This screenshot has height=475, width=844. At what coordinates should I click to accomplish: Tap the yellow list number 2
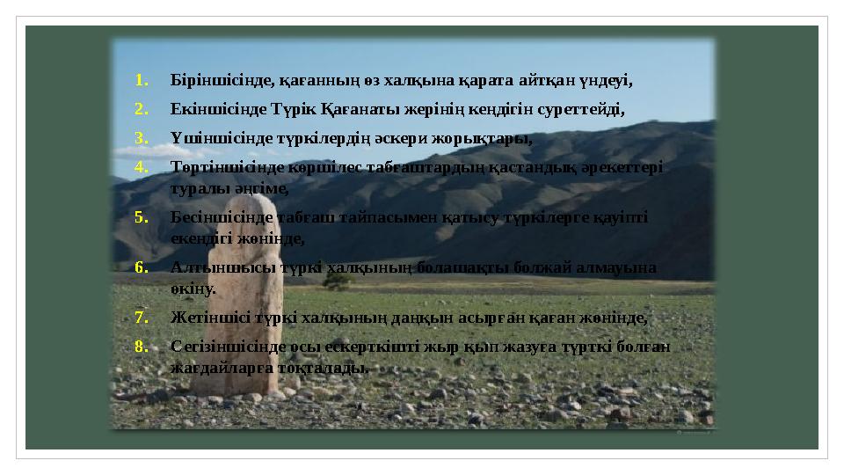[141, 110]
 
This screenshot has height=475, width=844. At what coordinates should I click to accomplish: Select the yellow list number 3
[141, 138]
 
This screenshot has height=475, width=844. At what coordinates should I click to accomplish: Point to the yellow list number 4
[141, 166]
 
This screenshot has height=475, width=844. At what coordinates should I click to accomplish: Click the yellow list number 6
[141, 267]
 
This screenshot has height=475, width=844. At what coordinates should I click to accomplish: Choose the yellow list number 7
[141, 318]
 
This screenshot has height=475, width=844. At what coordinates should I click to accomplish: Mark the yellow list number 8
[141, 346]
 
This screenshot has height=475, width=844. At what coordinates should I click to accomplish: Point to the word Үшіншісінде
[214, 138]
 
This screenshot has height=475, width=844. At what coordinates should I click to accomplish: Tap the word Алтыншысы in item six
[211, 267]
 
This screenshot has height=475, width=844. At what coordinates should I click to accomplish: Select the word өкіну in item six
[193, 288]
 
